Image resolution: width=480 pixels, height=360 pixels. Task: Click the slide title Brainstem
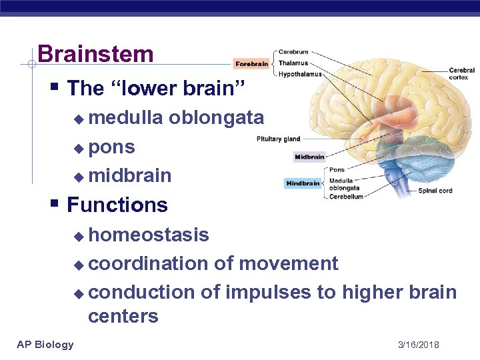click(x=95, y=54)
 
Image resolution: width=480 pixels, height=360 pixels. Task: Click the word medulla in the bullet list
click(x=125, y=118)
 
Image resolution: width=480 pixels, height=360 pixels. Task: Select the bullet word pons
click(x=111, y=147)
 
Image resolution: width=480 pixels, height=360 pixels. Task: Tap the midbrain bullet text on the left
click(x=129, y=175)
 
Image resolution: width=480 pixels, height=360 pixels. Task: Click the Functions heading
click(x=117, y=205)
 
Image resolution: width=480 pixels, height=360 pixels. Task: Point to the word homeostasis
click(x=149, y=235)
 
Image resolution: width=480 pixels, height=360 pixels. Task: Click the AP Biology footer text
click(x=45, y=344)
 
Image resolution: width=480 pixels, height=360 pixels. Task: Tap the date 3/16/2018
click(x=418, y=345)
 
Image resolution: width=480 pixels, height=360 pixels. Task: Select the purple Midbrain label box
click(x=309, y=157)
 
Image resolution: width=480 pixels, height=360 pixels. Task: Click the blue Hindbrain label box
click(x=304, y=183)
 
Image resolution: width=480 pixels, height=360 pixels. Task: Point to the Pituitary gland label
click(x=279, y=139)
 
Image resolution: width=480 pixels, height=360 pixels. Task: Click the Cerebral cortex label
click(x=461, y=74)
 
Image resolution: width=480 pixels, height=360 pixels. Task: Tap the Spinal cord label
click(x=435, y=191)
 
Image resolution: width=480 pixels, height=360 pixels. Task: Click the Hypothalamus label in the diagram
click(x=300, y=74)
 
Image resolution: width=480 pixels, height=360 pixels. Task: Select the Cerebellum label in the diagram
click(x=346, y=197)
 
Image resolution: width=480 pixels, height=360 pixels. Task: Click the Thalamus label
click(x=293, y=63)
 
